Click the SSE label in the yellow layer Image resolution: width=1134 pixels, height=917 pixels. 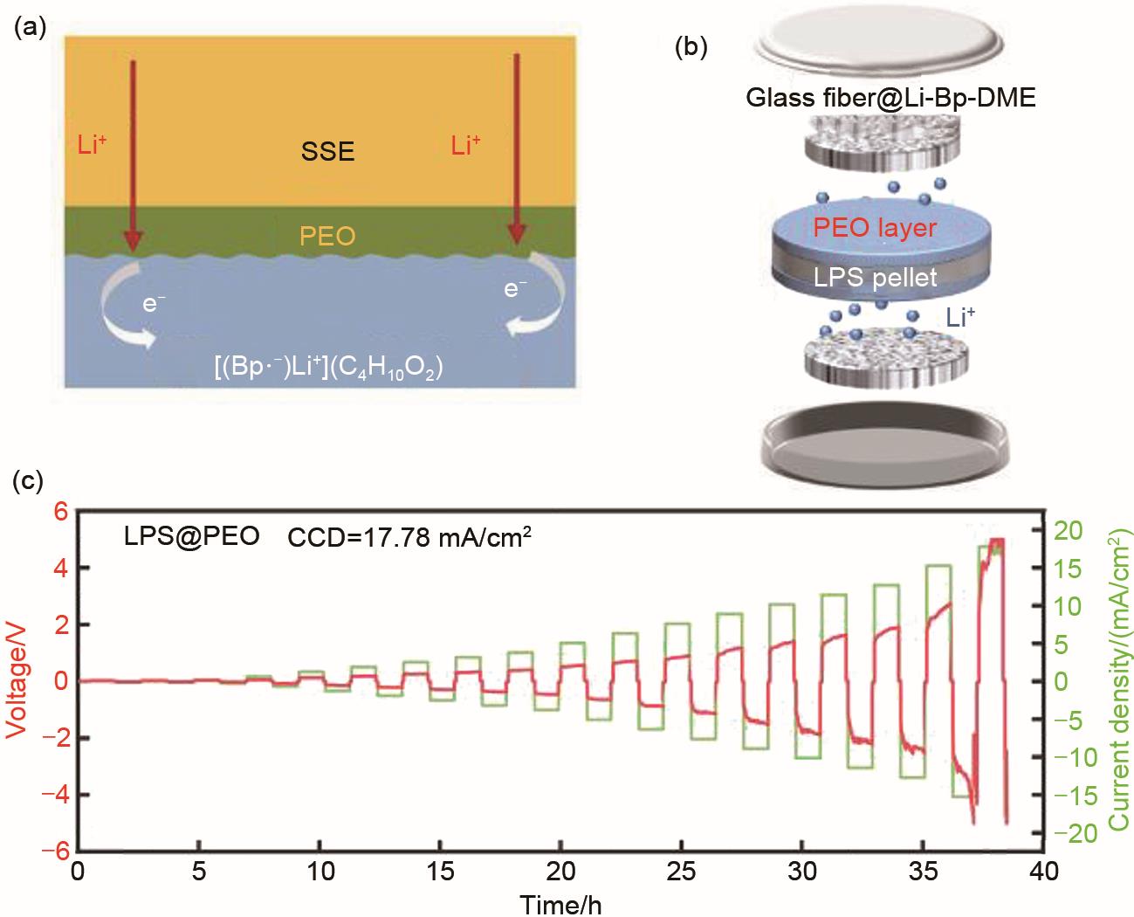[329, 152]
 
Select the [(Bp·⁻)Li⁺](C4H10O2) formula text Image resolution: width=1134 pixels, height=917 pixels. [329, 367]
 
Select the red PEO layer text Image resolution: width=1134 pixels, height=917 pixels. [876, 229]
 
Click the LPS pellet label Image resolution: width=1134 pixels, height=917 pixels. [874, 278]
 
